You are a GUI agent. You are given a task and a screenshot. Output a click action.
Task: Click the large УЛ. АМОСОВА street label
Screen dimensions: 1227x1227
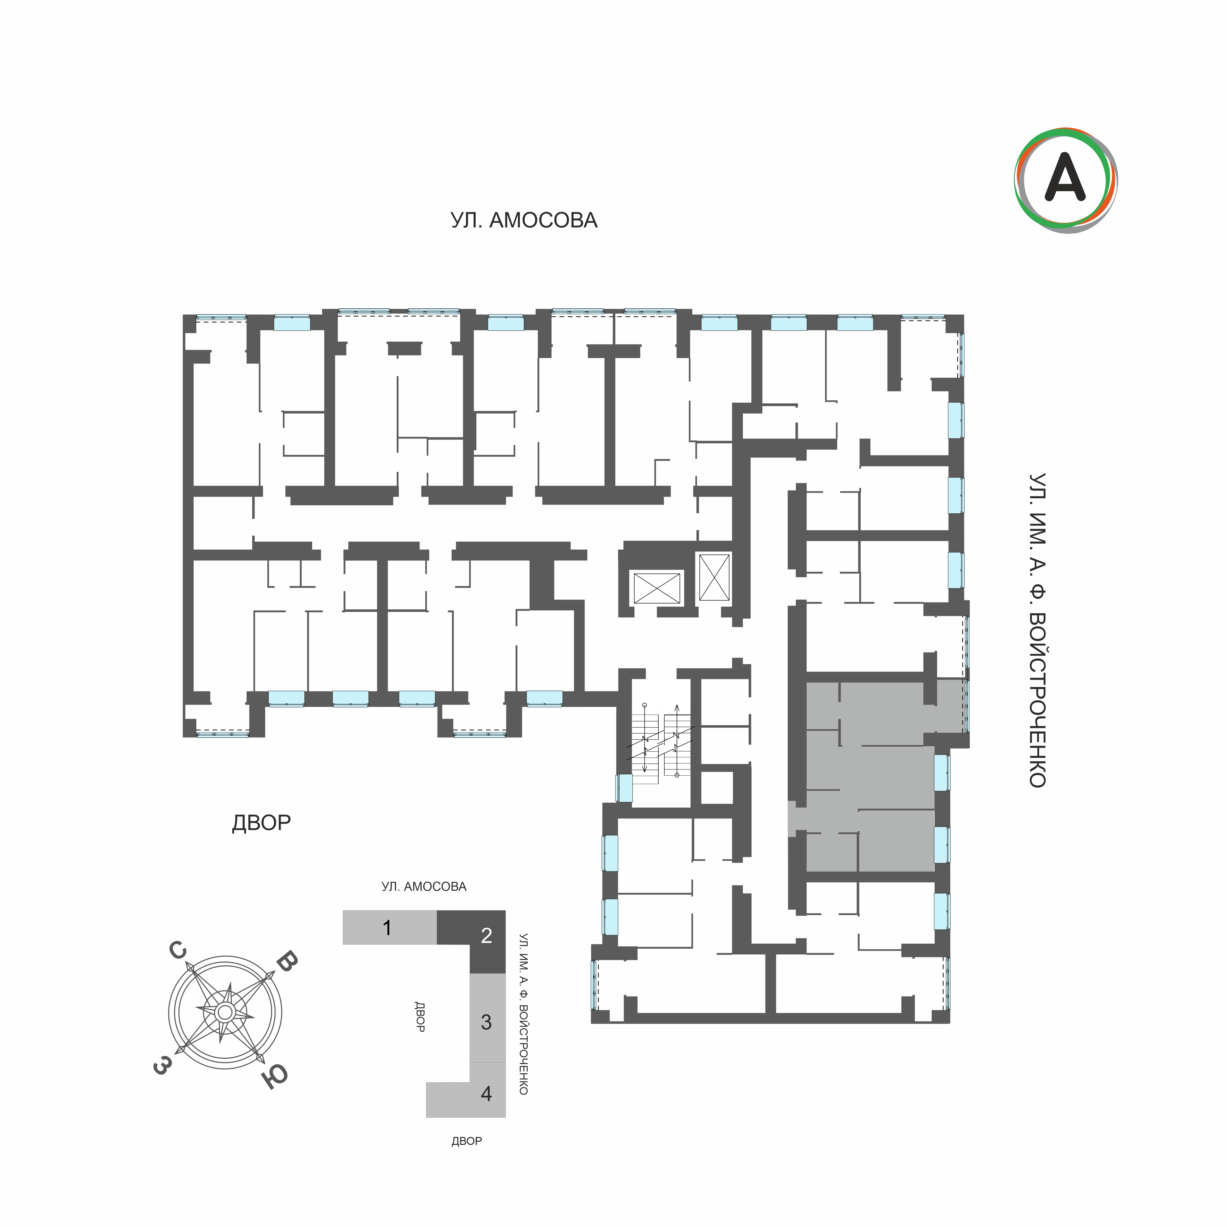(524, 220)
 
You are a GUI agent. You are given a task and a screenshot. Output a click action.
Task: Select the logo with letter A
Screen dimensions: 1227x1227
(1066, 180)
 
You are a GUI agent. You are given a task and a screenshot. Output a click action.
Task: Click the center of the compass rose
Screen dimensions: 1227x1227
(224, 1012)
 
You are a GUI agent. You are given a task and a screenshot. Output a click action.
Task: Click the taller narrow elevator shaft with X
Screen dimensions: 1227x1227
(714, 577)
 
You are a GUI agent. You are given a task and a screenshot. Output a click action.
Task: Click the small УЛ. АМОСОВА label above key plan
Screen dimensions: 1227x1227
(424, 887)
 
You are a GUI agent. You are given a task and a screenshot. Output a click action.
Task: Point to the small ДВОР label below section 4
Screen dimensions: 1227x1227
(467, 1141)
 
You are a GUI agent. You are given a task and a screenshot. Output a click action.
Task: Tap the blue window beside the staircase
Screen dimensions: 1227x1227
(624, 787)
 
